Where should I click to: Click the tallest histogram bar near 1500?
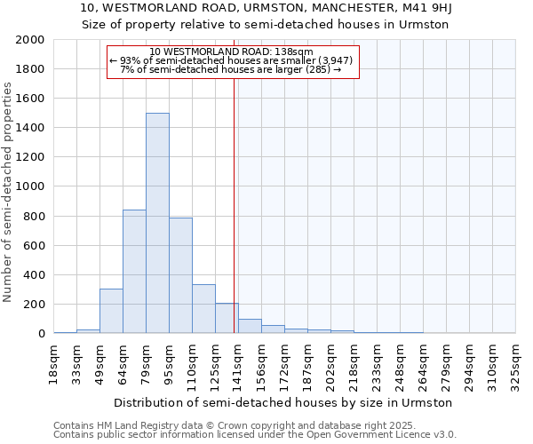(x=157, y=223)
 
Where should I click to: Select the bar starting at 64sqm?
(x=134, y=271)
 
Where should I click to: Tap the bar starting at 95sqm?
(x=180, y=275)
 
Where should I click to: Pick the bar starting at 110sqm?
(x=203, y=309)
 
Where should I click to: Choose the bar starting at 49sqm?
(x=111, y=311)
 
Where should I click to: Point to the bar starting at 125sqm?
(x=227, y=318)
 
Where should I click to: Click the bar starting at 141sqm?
(x=250, y=326)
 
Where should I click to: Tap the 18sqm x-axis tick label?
(x=54, y=364)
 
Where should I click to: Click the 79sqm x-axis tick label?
(x=147, y=364)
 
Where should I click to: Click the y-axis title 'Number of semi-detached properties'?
(x=8, y=192)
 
